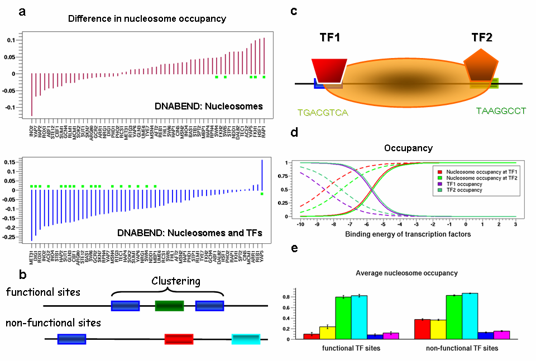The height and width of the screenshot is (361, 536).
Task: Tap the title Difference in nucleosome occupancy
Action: click(x=147, y=19)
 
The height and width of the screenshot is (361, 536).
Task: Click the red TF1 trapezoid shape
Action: click(x=331, y=69)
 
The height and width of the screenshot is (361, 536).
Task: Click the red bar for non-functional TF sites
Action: click(x=423, y=329)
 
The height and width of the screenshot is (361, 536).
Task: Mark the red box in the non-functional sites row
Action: click(x=179, y=339)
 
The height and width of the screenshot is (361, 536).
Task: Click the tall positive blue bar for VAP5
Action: click(x=262, y=176)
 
